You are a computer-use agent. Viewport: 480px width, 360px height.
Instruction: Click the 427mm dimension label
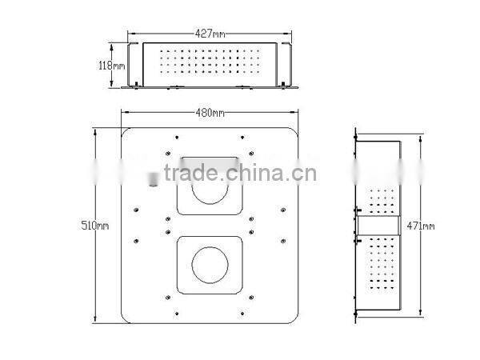(x=210, y=34)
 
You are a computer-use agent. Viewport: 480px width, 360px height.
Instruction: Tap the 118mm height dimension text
(x=112, y=66)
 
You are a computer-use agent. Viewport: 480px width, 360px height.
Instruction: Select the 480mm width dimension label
(x=210, y=113)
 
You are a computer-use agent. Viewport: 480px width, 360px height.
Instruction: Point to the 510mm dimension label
(x=95, y=226)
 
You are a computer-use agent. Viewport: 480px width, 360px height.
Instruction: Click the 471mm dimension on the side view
(x=421, y=226)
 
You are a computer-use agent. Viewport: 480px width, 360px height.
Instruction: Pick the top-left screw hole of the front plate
(x=177, y=138)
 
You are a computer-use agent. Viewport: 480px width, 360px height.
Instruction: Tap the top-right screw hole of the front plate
(x=242, y=138)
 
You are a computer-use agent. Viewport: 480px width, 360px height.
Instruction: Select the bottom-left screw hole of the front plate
(x=177, y=314)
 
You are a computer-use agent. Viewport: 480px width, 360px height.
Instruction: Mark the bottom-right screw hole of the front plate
(x=242, y=314)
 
